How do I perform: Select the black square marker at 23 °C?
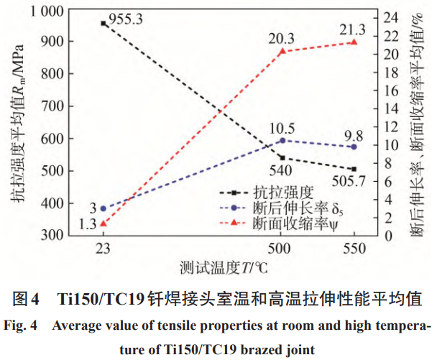(103, 24)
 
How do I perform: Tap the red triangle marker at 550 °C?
(353, 42)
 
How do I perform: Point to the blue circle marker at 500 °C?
(282, 140)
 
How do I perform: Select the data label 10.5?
(282, 127)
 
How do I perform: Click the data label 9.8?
(353, 134)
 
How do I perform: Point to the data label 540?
(280, 171)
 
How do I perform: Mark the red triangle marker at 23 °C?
(103, 223)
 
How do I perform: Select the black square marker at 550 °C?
(353, 170)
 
